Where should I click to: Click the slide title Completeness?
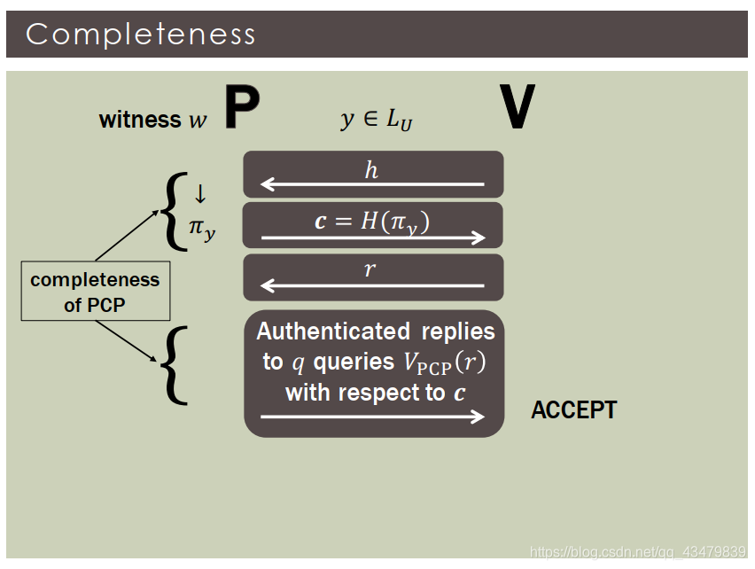click(141, 34)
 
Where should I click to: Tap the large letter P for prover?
click(240, 108)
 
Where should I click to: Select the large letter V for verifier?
click(517, 108)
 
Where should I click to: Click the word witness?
click(140, 120)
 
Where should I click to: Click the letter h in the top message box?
click(372, 169)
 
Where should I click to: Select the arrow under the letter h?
click(372, 184)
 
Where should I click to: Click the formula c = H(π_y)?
click(372, 221)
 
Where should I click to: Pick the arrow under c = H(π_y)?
click(373, 237)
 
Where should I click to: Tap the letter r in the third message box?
click(370, 269)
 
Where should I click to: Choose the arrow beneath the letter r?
click(372, 285)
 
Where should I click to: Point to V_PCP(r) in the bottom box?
click(445, 362)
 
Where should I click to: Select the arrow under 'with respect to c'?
click(373, 417)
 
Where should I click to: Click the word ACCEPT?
click(573, 410)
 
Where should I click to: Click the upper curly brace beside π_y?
click(173, 211)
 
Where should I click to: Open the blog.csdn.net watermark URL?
click(637, 552)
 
